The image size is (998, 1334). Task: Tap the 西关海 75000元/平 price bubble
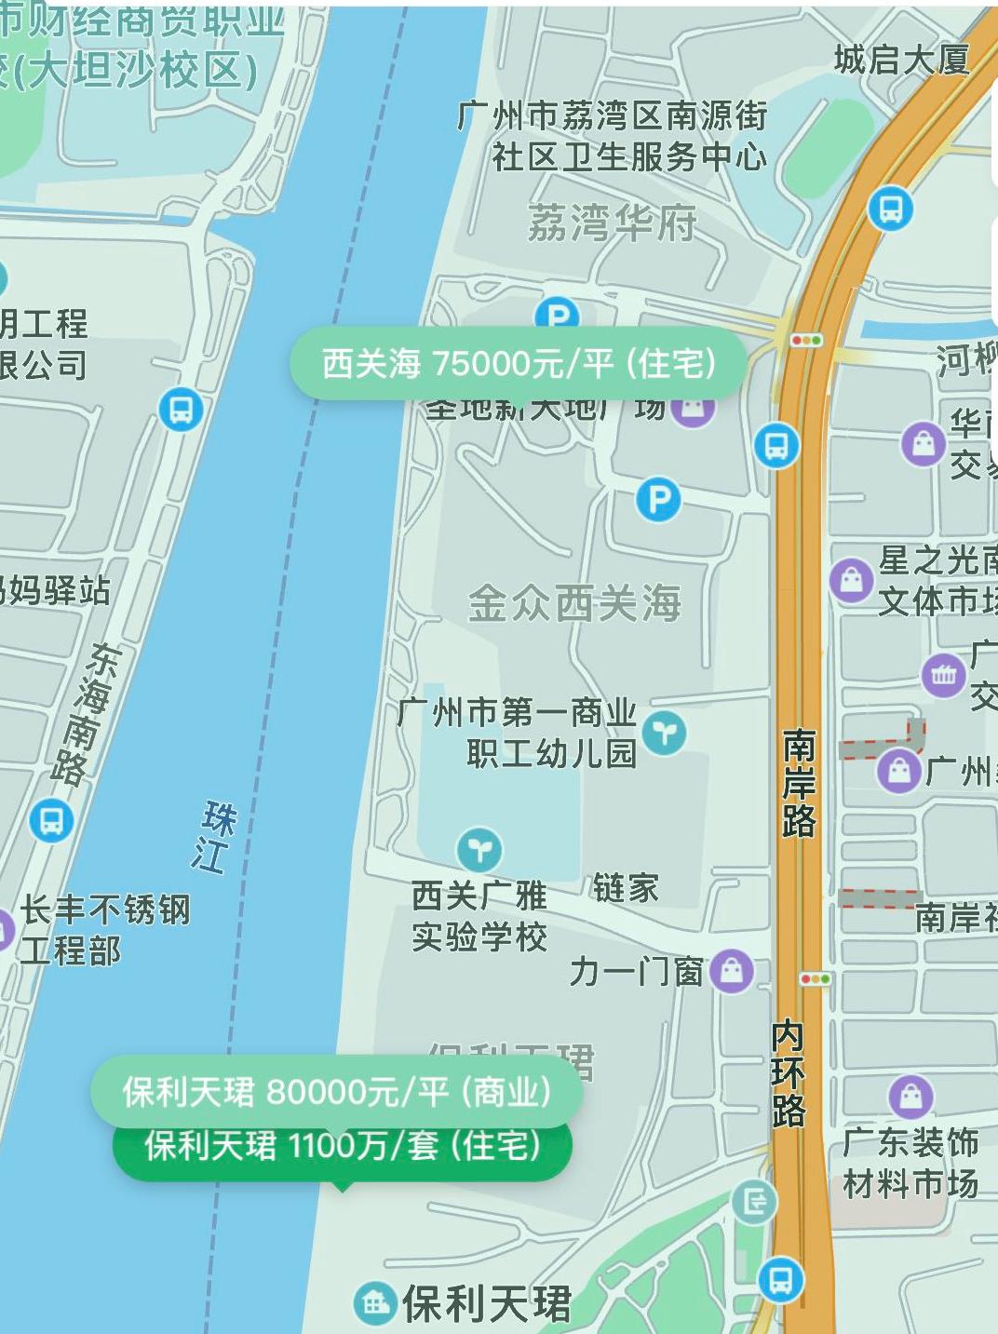pyautogui.click(x=519, y=363)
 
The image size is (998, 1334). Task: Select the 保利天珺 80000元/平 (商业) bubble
pyautogui.click(x=336, y=1091)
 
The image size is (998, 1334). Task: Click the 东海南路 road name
pyautogui.click(x=88, y=712)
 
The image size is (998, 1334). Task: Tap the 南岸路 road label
pyautogui.click(x=798, y=783)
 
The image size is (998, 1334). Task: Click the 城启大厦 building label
pyautogui.click(x=901, y=61)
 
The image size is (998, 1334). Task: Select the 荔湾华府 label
pyautogui.click(x=612, y=223)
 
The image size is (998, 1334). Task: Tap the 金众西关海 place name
pyautogui.click(x=574, y=603)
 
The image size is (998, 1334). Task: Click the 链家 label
pyautogui.click(x=625, y=888)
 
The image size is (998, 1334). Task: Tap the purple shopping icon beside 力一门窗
pyautogui.click(x=732, y=972)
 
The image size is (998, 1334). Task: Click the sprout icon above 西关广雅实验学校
pyautogui.click(x=479, y=849)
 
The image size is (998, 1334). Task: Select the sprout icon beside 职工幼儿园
pyautogui.click(x=664, y=734)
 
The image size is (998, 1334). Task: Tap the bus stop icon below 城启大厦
pyautogui.click(x=891, y=209)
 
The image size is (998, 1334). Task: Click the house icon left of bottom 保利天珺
pyautogui.click(x=375, y=1303)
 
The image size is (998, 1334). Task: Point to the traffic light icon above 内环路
pyautogui.click(x=815, y=979)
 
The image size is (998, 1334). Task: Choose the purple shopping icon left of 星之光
pyautogui.click(x=851, y=581)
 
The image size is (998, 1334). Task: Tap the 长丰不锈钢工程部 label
pyautogui.click(x=104, y=930)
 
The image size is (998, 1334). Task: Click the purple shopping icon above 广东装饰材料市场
pyautogui.click(x=910, y=1097)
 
